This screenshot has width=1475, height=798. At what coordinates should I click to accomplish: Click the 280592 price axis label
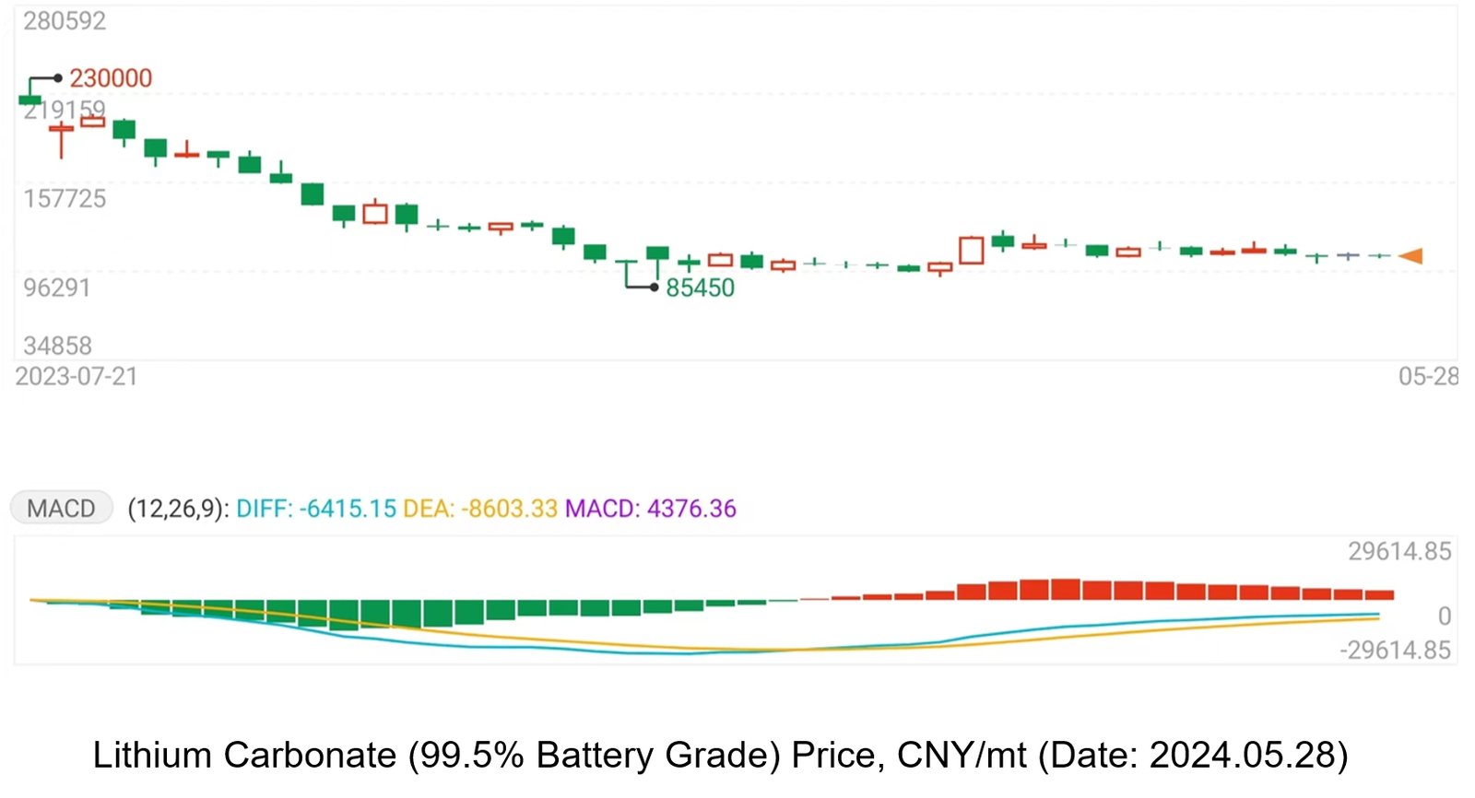65,21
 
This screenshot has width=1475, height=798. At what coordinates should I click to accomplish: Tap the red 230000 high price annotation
111,78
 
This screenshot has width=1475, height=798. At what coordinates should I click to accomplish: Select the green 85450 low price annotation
700,288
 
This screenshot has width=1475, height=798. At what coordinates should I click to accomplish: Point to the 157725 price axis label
65,199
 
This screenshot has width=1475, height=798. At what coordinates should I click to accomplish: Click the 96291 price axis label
57,288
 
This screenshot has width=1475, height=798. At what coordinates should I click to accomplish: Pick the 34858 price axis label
57,346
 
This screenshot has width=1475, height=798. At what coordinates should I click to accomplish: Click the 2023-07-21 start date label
77,377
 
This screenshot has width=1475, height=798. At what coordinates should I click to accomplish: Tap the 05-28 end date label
1428,377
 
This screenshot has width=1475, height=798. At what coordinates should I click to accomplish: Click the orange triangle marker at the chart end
1411,256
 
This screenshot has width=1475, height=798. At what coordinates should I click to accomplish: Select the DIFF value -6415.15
347,509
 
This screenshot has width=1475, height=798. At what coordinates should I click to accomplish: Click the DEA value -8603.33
509,509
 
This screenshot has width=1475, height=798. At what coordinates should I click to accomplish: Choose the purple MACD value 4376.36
691,509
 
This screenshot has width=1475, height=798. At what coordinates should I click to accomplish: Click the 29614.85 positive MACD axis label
1398,552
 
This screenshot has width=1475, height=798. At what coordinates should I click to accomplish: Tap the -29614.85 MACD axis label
1395,651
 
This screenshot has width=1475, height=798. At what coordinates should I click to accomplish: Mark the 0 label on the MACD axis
1445,616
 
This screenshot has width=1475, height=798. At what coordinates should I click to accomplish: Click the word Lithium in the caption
152,756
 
